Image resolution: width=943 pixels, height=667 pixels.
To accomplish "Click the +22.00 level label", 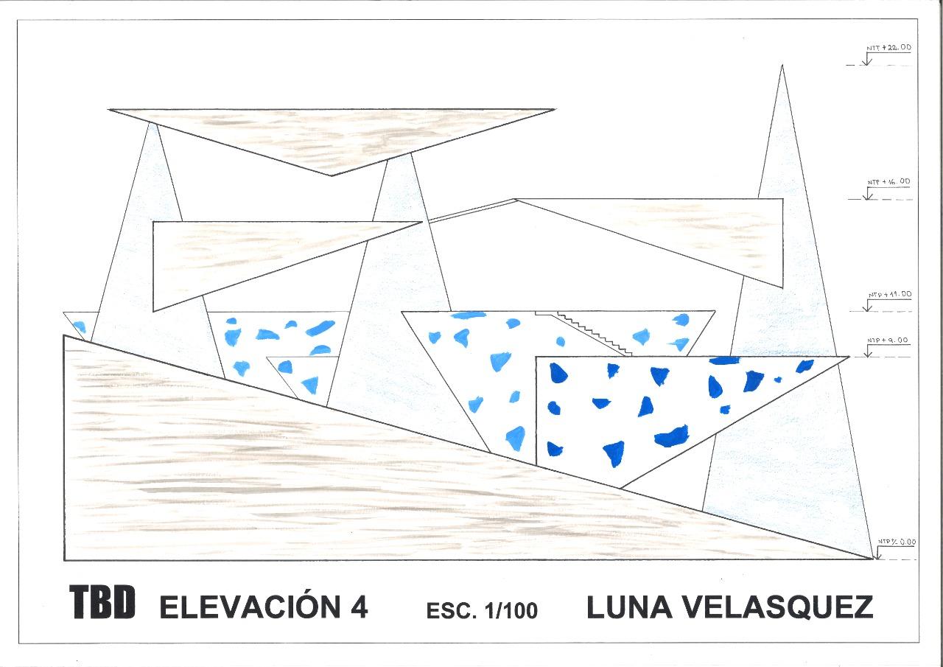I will click(888, 47).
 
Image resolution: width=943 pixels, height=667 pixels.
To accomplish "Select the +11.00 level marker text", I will click(889, 294).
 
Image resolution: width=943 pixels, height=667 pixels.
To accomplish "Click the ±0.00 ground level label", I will click(897, 542).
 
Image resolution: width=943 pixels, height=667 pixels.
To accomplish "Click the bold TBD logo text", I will click(102, 603).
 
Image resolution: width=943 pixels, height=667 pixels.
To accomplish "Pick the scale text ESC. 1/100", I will click(482, 610).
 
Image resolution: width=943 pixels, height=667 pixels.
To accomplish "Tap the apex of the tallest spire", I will click(782, 66).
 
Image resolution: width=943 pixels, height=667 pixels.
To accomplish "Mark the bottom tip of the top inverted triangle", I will click(331, 175).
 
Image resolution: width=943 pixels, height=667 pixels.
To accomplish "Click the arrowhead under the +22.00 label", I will click(868, 62).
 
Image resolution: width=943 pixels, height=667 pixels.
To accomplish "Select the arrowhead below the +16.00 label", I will click(868, 197).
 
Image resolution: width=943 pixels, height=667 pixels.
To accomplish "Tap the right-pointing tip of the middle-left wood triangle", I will click(422, 222).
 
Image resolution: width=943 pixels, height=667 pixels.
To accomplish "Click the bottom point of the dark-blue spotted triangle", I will click(620, 487).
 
